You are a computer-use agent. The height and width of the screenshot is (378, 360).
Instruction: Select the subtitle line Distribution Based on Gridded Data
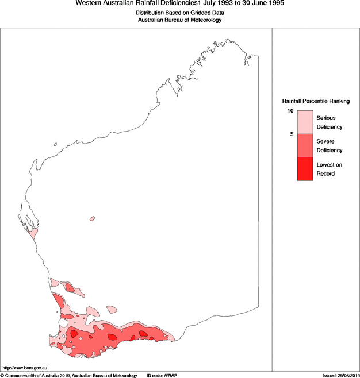tap(179, 12)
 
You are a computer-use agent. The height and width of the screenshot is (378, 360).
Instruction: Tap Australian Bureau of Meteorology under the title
tap(179, 20)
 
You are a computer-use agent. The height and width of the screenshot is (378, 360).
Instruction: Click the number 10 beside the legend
tap(291, 111)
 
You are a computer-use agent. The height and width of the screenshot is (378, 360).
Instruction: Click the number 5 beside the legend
tap(292, 134)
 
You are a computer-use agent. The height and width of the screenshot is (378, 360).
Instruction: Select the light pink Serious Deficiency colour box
tap(305, 122)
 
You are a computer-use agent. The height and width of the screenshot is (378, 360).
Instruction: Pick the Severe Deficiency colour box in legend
tap(305, 146)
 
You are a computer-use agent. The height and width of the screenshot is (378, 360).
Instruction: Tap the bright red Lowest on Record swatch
tap(305, 169)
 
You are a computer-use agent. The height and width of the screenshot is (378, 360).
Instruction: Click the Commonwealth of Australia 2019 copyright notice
tap(69, 375)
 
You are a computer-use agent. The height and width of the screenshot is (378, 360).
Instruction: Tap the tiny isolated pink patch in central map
tap(92, 218)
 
